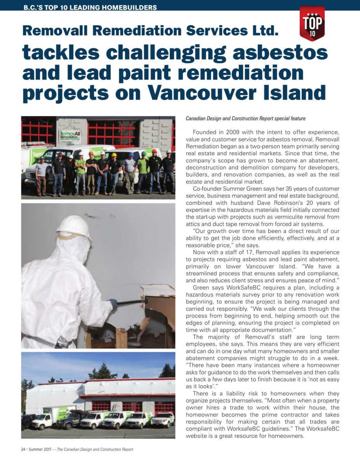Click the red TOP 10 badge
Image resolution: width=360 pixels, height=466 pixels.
click(x=312, y=24)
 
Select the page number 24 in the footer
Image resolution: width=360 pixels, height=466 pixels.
click(x=23, y=449)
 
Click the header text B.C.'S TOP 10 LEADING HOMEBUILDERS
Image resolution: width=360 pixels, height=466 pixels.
click(x=90, y=7)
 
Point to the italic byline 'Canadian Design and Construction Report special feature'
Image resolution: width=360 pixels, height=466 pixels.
click(x=245, y=118)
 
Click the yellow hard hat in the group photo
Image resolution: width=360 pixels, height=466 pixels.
click(x=114, y=155)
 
